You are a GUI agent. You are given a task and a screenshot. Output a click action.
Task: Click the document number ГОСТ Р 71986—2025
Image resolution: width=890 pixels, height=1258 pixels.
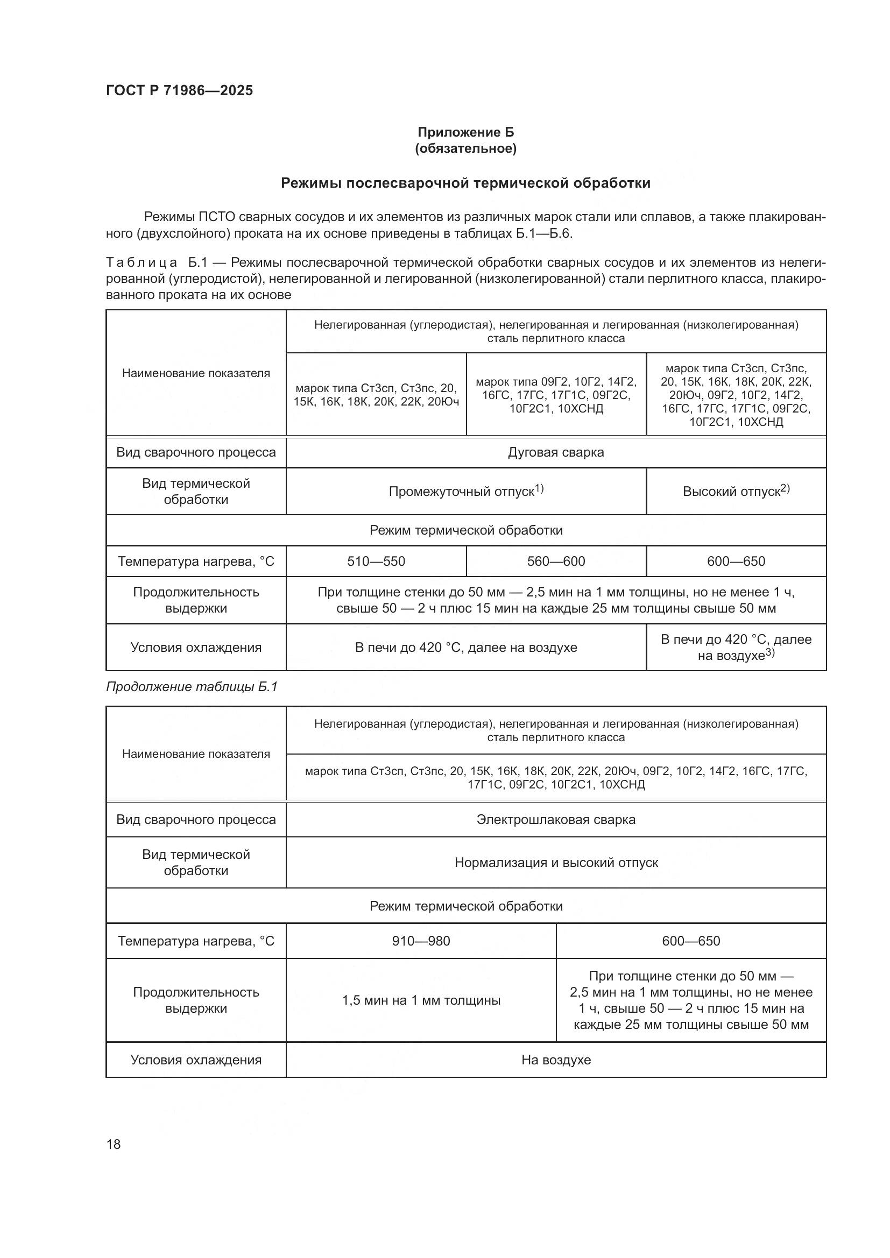pyautogui.click(x=179, y=90)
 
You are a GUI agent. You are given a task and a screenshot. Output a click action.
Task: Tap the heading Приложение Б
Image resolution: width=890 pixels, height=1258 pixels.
pyautogui.click(x=465, y=132)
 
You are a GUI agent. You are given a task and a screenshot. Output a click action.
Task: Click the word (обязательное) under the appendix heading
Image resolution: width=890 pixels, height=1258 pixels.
pyautogui.click(x=465, y=148)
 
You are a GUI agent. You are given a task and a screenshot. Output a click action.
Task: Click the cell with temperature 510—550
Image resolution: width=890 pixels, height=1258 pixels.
pyautogui.click(x=376, y=561)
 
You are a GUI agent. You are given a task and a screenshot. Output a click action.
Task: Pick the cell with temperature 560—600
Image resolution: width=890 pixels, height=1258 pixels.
pyautogui.click(x=556, y=561)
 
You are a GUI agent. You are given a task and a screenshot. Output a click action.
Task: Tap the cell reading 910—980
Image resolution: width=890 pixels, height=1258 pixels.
pyautogui.click(x=420, y=941)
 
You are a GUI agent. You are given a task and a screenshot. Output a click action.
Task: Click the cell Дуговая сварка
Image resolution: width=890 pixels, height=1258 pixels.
pyautogui.click(x=556, y=452)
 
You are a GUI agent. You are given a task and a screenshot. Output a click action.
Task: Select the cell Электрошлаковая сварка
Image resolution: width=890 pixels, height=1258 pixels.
pyautogui.click(x=556, y=819)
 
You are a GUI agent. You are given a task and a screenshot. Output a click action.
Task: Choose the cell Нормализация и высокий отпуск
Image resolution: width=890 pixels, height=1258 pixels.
pyautogui.click(x=556, y=862)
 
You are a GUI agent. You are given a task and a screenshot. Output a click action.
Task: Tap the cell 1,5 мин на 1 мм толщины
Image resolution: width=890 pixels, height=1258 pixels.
pyautogui.click(x=421, y=1000)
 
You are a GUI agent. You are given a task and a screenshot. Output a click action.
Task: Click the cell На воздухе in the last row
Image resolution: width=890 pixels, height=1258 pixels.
pyautogui.click(x=556, y=1060)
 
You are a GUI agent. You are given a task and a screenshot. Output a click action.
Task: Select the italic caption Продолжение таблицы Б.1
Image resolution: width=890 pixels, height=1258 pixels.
pyautogui.click(x=191, y=686)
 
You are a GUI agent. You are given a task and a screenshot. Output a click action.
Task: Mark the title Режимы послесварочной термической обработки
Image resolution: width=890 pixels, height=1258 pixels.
pyautogui.click(x=465, y=183)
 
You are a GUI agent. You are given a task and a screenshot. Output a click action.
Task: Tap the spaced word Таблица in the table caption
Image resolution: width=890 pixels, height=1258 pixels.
pyautogui.click(x=142, y=263)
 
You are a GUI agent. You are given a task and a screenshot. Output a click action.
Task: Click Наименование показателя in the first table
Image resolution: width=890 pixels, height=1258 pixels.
pyautogui.click(x=196, y=373)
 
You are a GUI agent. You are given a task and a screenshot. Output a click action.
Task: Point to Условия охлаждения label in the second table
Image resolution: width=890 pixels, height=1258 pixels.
pyautogui.click(x=196, y=1060)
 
